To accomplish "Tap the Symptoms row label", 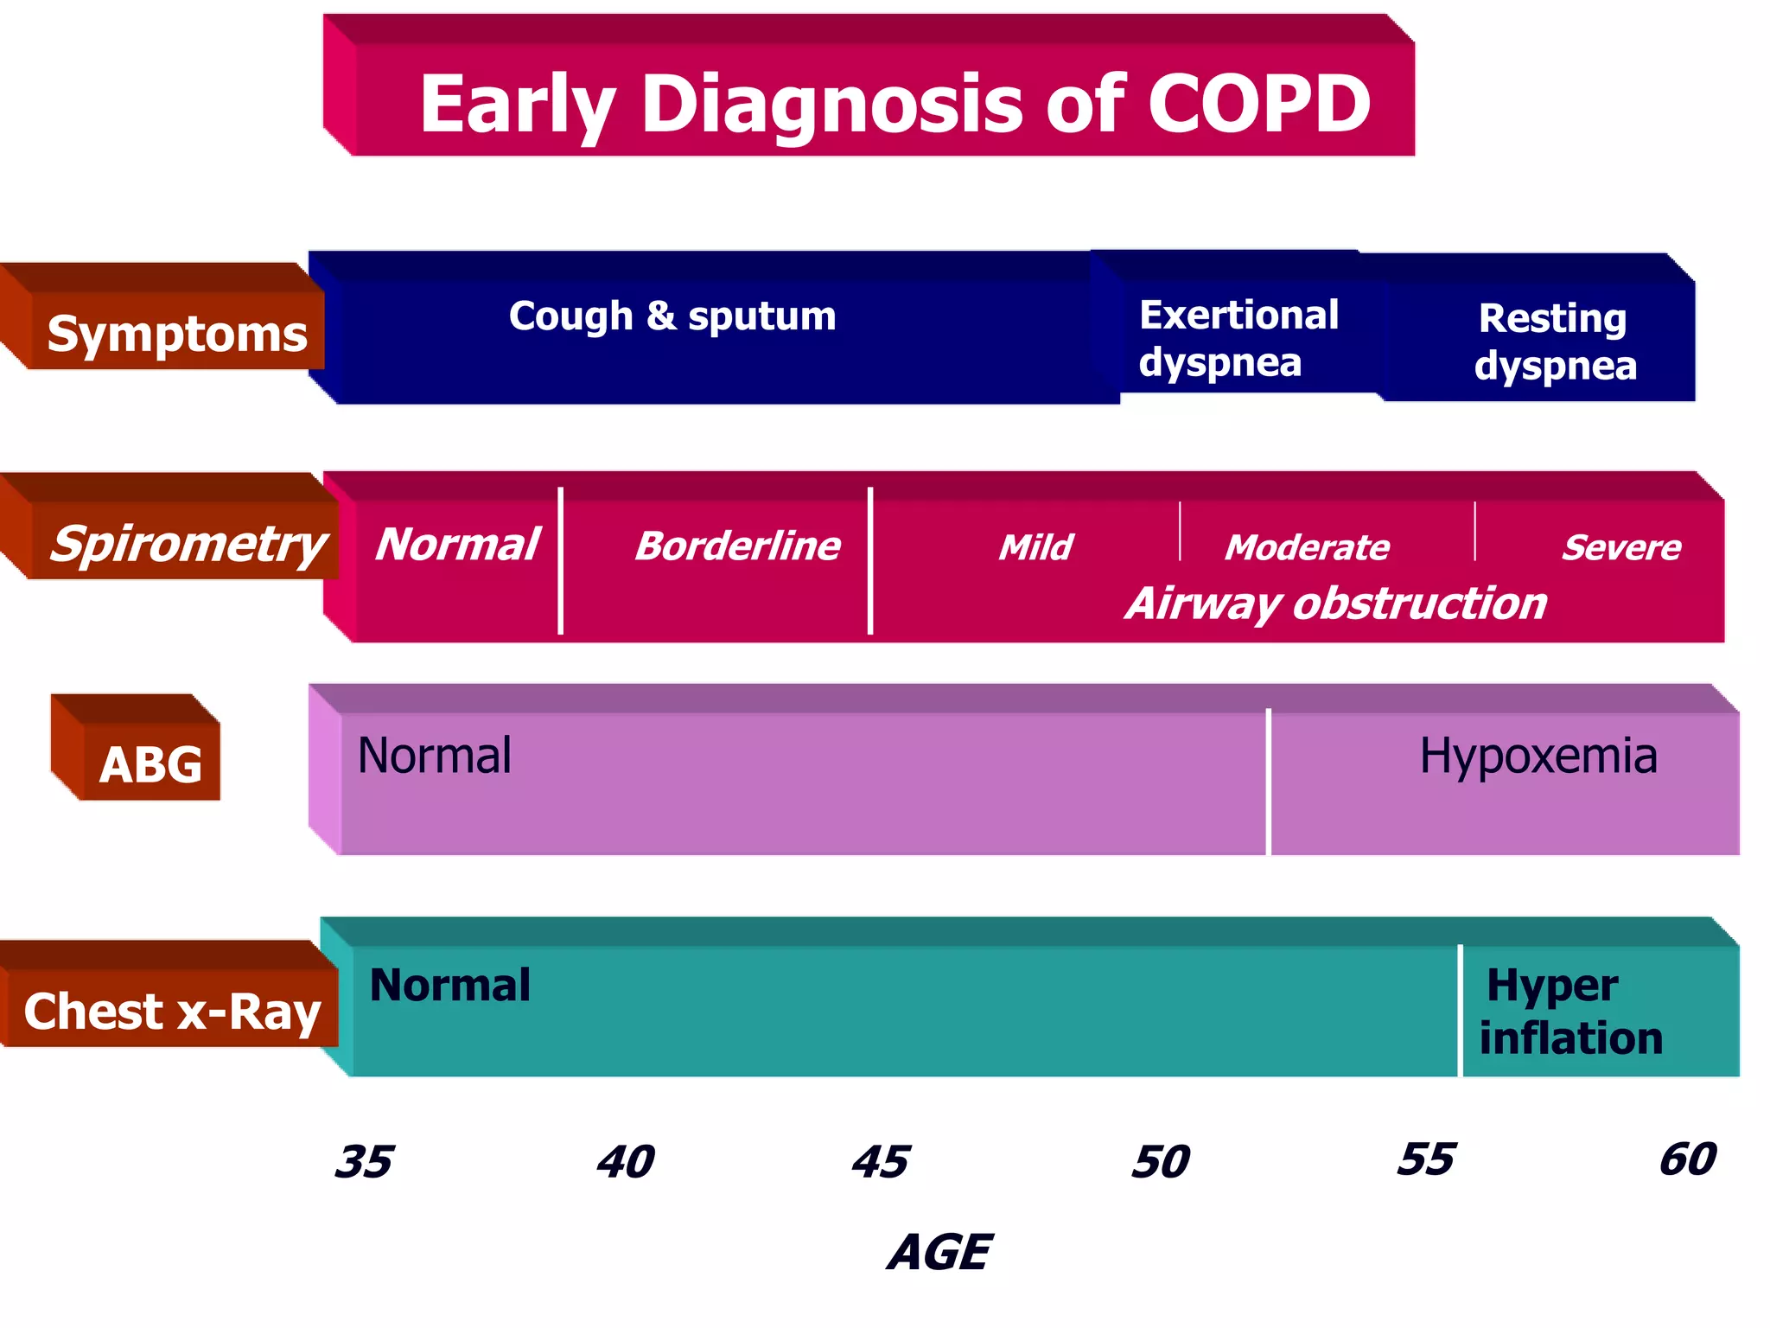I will tap(176, 334).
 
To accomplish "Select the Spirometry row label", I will tap(188, 545).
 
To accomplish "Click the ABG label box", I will tap(150, 764).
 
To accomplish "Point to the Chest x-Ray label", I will tap(172, 1011).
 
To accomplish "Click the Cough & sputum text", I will tap(672, 316).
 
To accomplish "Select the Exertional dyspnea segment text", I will tap(1238, 338).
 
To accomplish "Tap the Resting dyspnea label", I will tap(1555, 342).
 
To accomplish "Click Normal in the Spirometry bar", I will tap(457, 545).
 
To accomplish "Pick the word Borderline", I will tap(737, 546).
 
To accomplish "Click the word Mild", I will tap(1035, 547).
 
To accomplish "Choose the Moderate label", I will tap(1307, 547).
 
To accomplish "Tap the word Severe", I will tap(1621, 547).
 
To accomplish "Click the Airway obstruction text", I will tap(1336, 603).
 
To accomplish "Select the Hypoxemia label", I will tap(1538, 756).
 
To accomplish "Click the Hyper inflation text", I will tap(1569, 1012).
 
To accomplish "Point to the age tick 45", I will tap(880, 1161).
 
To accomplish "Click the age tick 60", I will tap(1687, 1159).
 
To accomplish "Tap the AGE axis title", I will tap(940, 1252).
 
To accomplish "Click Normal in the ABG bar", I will tap(434, 756).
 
